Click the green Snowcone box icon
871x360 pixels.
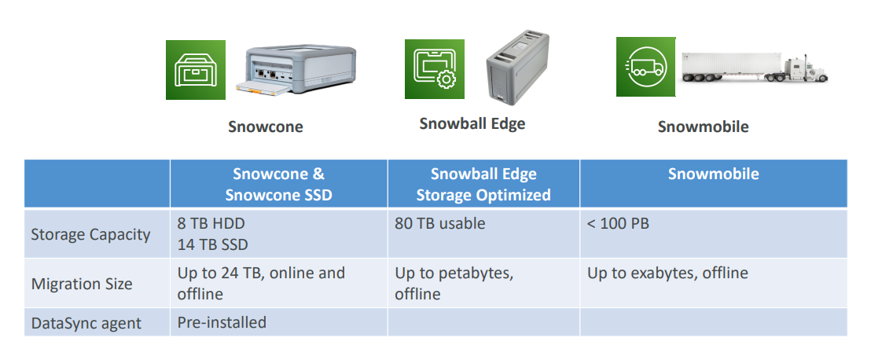[196, 70]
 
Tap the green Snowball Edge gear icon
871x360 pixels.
[435, 69]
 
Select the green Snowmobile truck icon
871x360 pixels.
[646, 67]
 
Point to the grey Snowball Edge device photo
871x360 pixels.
[517, 68]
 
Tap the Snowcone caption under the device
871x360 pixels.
[266, 127]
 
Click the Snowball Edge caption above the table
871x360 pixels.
[472, 123]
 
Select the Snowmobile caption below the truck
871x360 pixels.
[703, 127]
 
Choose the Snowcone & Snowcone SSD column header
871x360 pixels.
[278, 185]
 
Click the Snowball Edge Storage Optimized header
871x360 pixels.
[483, 185]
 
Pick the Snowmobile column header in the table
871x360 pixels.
[713, 174]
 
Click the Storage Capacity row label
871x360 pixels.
[90, 234]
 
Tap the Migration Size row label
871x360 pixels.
[82, 284]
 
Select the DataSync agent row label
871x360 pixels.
[86, 323]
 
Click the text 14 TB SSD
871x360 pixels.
[213, 244]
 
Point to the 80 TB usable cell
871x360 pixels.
[440, 223]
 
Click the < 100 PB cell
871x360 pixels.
[618, 223]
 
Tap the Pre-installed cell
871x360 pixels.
[222, 322]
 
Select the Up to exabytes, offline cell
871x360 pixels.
[667, 274]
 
